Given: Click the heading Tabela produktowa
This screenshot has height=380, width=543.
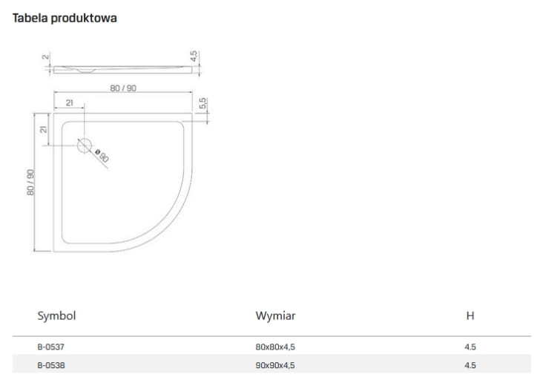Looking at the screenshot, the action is (65, 18).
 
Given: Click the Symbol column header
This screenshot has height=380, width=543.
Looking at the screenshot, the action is (56, 315).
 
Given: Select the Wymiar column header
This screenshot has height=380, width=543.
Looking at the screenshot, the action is (275, 315).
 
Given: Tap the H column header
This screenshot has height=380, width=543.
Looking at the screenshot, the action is (470, 315).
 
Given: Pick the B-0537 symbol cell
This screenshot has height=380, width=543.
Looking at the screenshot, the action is (51, 347).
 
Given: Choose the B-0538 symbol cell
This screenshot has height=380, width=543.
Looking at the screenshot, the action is (51, 365).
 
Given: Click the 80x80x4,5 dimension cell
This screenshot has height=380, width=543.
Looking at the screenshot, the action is (275, 347).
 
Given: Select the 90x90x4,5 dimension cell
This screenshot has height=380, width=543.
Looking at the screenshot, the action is (275, 365).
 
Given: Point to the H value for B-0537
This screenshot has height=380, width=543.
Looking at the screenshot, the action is (470, 347).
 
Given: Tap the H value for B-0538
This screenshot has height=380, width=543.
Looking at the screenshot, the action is (470, 365).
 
